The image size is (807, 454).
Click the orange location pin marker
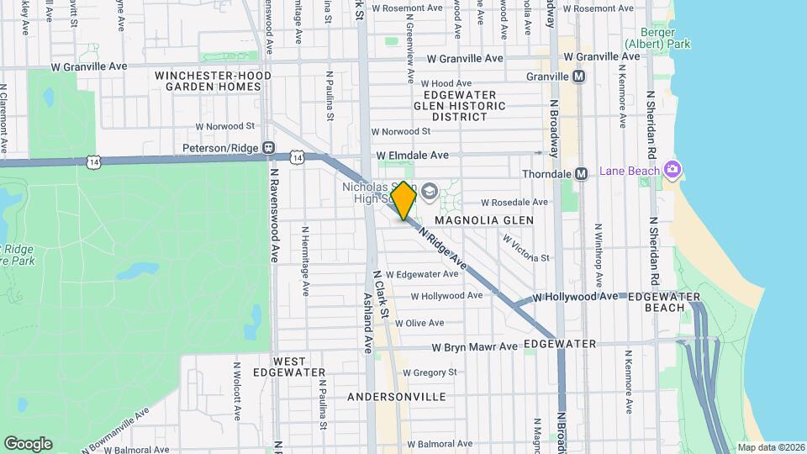pyautogui.click(x=404, y=200)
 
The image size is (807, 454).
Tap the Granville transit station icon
pyautogui.click(x=578, y=77)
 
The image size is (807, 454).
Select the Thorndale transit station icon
pyautogui.click(x=580, y=174)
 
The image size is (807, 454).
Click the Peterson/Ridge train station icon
pyautogui.click(x=269, y=148)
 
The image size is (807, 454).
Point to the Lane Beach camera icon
pyautogui.click(x=671, y=171)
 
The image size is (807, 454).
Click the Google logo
pyautogui.click(x=28, y=443)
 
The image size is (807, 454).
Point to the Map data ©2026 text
pyautogui.click(x=769, y=446)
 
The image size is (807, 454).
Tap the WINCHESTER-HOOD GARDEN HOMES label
pyautogui.click(x=213, y=81)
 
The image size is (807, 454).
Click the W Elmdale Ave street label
pyautogui.click(x=419, y=156)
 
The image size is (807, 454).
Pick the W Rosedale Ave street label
pyautogui.click(x=514, y=203)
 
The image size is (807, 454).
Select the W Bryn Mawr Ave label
pyautogui.click(x=475, y=347)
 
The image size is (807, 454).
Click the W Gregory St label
pyautogui.click(x=431, y=372)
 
